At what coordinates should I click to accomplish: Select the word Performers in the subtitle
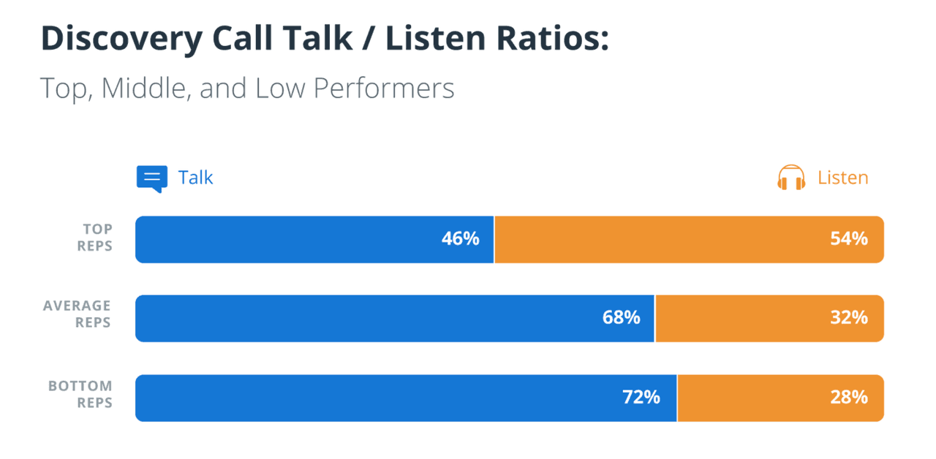383,88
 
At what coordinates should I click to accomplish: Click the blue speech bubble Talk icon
151,178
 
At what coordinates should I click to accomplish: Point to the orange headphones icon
791,178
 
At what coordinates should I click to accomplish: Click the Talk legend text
196,178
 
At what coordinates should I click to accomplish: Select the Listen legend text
842,178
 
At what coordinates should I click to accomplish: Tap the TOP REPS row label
95,238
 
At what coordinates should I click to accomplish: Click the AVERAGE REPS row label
78,314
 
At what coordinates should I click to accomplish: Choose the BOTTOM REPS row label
80,394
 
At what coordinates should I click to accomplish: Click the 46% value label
460,238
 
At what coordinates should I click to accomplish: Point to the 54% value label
848,238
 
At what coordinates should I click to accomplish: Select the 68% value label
621,317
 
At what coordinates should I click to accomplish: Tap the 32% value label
848,317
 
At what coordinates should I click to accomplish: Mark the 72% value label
641,397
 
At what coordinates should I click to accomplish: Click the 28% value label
848,397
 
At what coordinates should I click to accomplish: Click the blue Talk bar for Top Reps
292,239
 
